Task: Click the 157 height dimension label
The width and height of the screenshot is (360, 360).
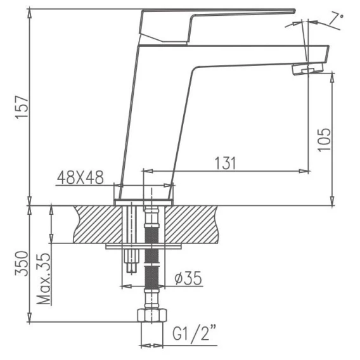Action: (x=22, y=107)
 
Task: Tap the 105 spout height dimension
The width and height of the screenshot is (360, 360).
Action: (x=325, y=139)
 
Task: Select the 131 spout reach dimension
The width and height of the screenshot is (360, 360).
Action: (x=225, y=164)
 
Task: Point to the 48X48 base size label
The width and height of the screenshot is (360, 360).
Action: (x=80, y=177)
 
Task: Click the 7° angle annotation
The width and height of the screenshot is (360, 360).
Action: (x=337, y=19)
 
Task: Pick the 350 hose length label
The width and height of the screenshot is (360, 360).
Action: (x=22, y=264)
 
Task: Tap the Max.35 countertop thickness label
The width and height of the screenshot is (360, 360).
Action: (x=44, y=279)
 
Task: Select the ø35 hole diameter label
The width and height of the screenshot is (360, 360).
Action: (x=188, y=278)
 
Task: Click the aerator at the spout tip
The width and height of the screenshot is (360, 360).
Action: (x=307, y=68)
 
